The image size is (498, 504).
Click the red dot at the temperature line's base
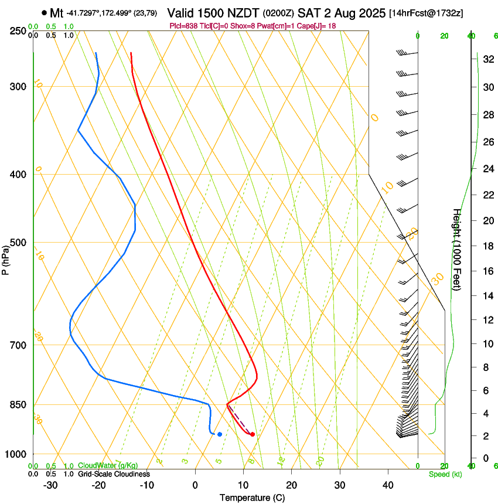[253, 434]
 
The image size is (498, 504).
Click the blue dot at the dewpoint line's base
[220, 434]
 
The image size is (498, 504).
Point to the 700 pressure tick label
[19, 345]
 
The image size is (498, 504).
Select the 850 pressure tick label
[19, 405]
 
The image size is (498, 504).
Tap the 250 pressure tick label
[19, 31]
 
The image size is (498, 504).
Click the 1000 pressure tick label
[16, 454]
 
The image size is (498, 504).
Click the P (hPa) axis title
[6, 257]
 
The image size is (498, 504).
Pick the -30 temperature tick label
[50, 485]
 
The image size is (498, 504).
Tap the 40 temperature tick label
[387, 485]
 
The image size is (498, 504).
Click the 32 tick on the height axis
[487, 59]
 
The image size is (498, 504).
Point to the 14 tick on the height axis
[487, 296]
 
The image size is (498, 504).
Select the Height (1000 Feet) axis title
[457, 250]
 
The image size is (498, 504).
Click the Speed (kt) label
[445, 474]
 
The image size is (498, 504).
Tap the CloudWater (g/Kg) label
[108, 466]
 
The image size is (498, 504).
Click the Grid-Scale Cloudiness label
[114, 474]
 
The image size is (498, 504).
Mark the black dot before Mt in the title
[45, 12]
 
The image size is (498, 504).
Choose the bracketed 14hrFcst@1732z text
[426, 13]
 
